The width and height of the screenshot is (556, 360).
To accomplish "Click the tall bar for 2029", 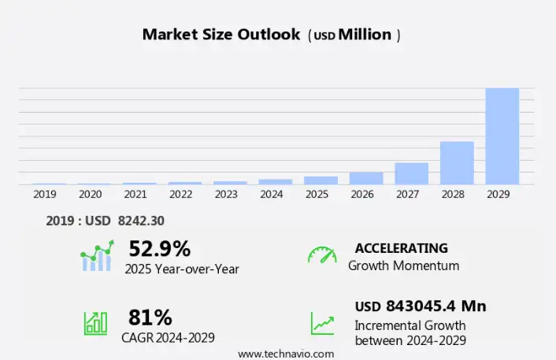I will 502,135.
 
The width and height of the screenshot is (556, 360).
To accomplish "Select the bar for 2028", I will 457,163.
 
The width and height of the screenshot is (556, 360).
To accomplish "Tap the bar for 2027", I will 411,173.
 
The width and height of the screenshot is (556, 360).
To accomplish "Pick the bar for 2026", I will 366,178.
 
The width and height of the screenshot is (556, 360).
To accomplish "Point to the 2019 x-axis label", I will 44,194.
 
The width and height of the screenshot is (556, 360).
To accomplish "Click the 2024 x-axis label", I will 271,194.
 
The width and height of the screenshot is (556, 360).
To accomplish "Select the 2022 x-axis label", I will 180,194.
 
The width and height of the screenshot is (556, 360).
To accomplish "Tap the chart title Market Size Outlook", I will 221,35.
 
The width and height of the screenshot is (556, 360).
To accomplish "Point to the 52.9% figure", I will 160,249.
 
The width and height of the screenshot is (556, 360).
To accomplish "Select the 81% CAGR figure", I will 150,317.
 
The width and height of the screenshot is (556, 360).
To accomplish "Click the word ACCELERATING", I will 401,248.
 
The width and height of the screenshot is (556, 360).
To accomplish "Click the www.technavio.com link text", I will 285,354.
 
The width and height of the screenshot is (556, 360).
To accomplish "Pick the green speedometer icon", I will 321,255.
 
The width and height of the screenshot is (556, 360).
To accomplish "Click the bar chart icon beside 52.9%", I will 96,257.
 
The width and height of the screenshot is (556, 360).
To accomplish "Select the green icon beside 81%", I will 96,323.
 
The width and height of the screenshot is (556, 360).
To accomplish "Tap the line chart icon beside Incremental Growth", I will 321,323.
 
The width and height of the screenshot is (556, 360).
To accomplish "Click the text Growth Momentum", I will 403,265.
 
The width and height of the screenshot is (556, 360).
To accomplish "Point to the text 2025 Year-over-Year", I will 182,269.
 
